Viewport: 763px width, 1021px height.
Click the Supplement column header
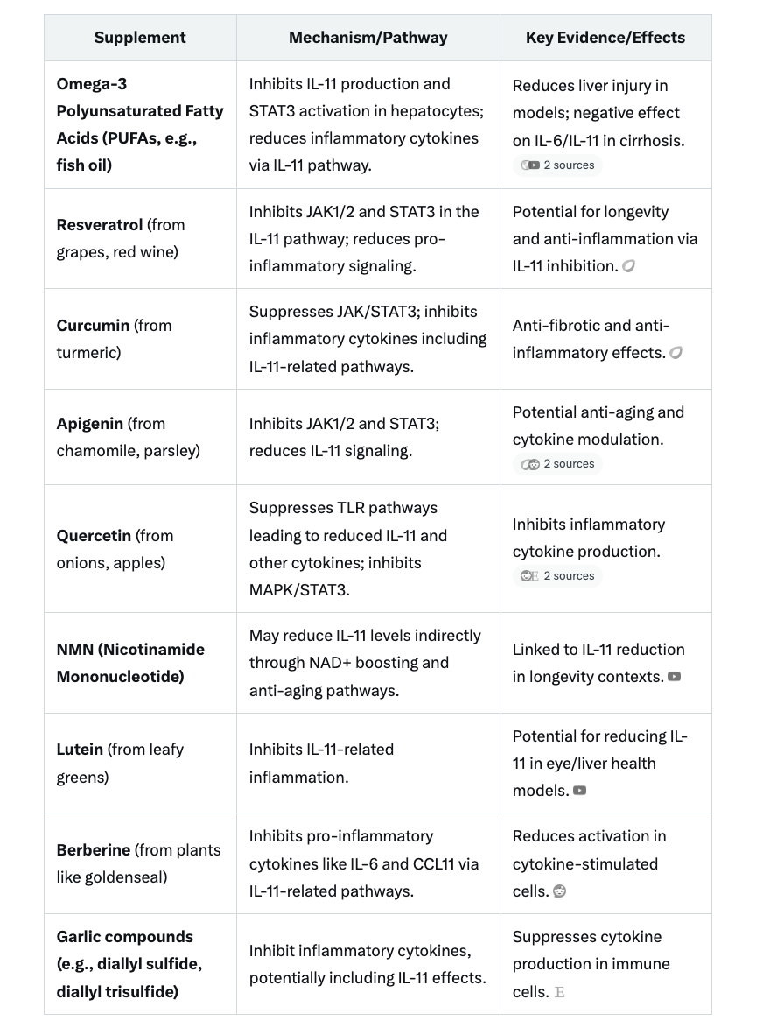click(x=140, y=38)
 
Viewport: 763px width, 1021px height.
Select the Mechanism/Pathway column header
click(x=367, y=38)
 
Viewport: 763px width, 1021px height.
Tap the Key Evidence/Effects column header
click(x=605, y=38)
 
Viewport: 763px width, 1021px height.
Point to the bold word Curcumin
click(x=93, y=326)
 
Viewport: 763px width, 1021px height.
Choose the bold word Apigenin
click(x=90, y=424)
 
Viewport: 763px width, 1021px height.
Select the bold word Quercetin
click(x=94, y=536)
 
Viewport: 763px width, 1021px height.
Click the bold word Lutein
click(x=80, y=750)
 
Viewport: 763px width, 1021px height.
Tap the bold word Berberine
click(x=94, y=850)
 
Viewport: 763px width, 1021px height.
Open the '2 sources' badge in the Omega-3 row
click(x=558, y=165)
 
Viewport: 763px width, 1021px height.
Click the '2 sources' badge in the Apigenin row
click(x=558, y=464)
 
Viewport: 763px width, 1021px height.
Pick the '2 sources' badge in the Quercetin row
click(x=558, y=576)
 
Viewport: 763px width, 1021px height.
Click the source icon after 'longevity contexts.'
click(x=674, y=677)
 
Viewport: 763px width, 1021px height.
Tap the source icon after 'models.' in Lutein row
click(x=579, y=791)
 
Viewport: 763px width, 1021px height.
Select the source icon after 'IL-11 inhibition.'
click(x=628, y=266)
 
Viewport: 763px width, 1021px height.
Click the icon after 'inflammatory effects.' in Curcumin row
click(x=675, y=353)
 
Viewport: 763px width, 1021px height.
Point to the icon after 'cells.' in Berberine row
click(x=560, y=891)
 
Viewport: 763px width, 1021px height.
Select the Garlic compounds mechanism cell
click(x=367, y=964)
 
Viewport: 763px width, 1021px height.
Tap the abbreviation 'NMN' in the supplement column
click(x=75, y=650)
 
